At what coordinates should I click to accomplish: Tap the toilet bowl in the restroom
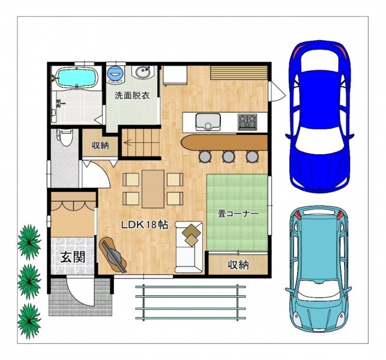tap(65, 137)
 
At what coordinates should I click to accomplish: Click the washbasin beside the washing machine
tap(143, 72)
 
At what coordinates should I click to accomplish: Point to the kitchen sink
tap(208, 122)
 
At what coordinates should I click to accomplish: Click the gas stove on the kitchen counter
tap(247, 122)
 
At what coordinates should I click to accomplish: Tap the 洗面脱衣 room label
tap(132, 95)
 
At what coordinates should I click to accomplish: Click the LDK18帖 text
tap(145, 224)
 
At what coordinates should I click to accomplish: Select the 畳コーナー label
tap(238, 214)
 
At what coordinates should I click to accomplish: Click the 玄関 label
tap(73, 257)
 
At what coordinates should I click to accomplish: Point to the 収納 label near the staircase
tap(100, 145)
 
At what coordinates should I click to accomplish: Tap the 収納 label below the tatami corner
tap(238, 265)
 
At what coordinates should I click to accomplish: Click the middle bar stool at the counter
tap(228, 156)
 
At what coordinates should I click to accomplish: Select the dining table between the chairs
tap(153, 189)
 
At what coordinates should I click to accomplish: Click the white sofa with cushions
tap(189, 247)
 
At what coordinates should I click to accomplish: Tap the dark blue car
tap(319, 116)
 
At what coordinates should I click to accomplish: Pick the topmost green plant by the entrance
tap(29, 242)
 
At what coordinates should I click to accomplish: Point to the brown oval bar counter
tap(224, 142)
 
